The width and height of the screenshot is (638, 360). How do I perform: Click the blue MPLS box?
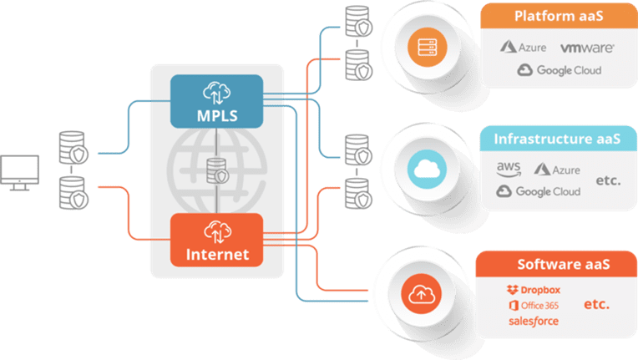pyautogui.click(x=216, y=100)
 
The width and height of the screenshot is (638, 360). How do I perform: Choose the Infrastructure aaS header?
pyautogui.click(x=557, y=138)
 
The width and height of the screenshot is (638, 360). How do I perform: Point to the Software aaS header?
pyautogui.click(x=564, y=264)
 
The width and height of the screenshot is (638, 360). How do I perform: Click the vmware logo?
pyautogui.click(x=587, y=48)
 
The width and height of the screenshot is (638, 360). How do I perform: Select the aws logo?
pyautogui.click(x=509, y=170)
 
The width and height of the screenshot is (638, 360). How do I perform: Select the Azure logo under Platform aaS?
pyautogui.click(x=524, y=48)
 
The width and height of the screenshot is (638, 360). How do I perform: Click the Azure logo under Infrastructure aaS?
pyautogui.click(x=557, y=170)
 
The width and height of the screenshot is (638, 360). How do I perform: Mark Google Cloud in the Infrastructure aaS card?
pyautogui.click(x=538, y=191)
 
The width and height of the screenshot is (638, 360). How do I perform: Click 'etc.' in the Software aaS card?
pyautogui.click(x=596, y=304)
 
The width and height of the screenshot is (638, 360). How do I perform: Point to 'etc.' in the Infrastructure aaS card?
pyautogui.click(x=608, y=180)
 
